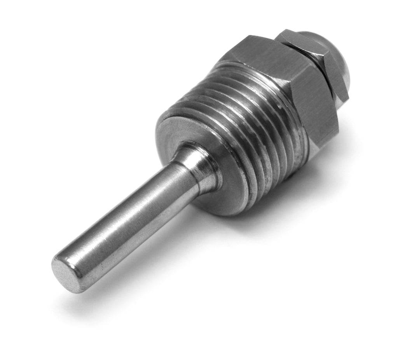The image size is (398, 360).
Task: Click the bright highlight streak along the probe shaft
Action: [x=128, y=210]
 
